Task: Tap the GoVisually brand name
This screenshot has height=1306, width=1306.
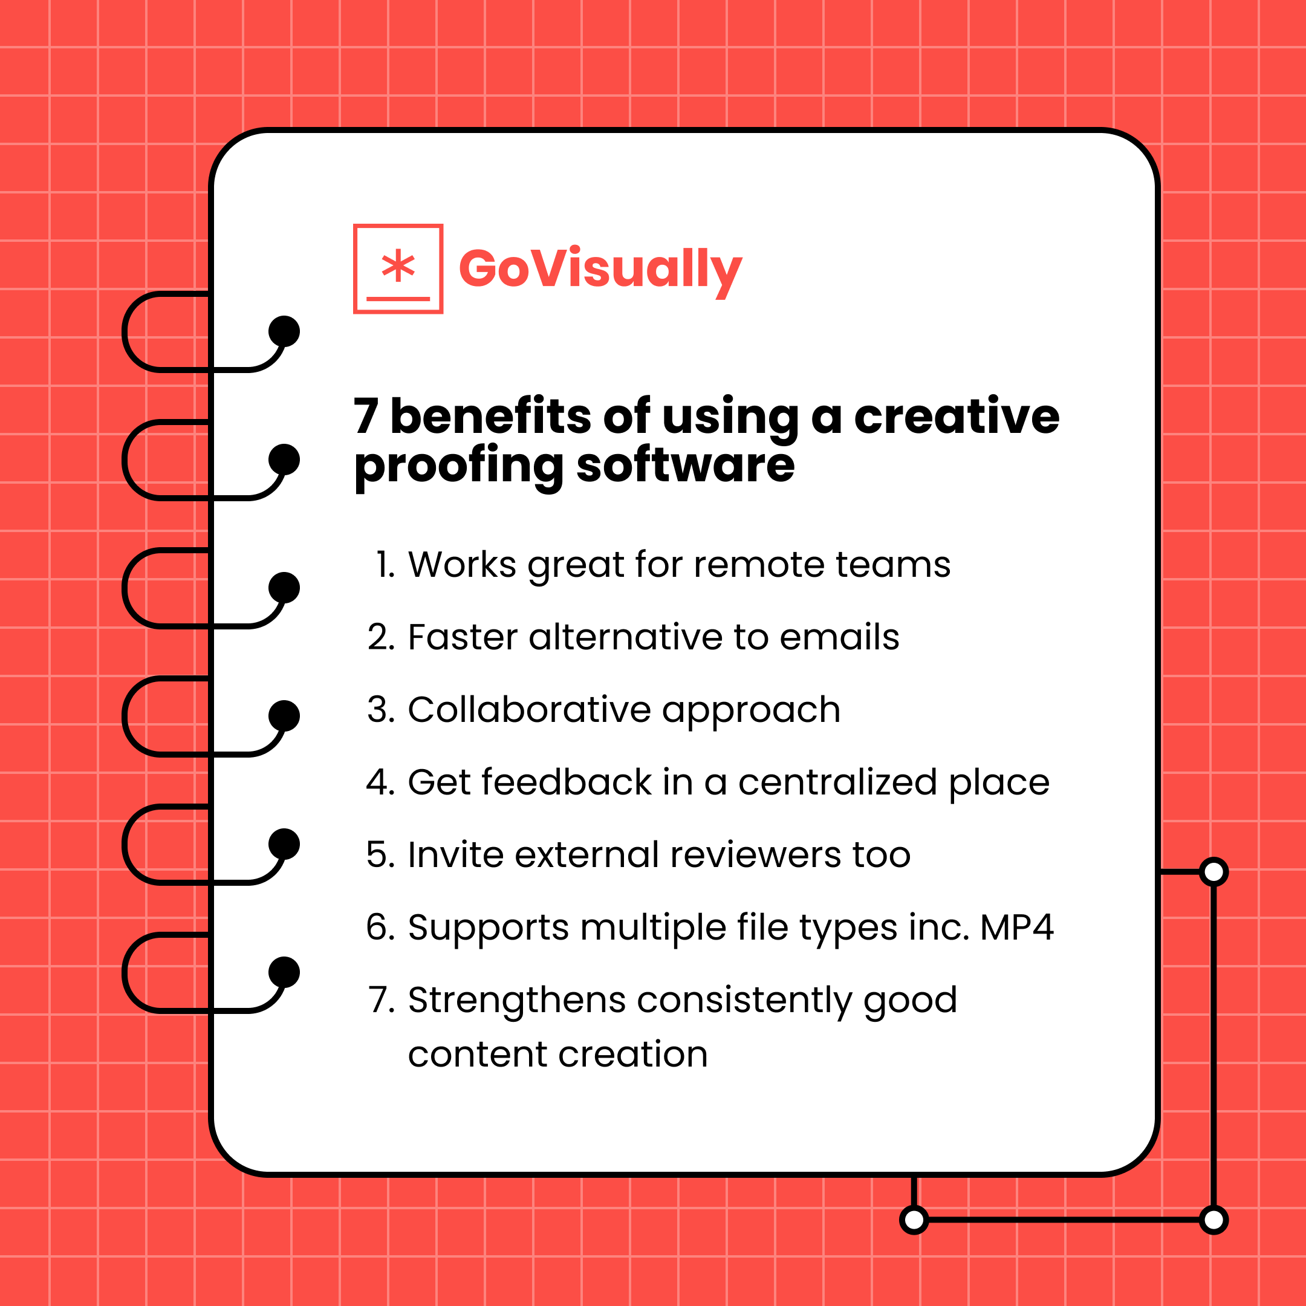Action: tap(600, 269)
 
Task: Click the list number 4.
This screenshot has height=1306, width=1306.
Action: tap(380, 782)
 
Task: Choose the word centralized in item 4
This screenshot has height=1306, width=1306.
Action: tap(837, 782)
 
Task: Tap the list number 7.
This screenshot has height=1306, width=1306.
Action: tap(380, 1000)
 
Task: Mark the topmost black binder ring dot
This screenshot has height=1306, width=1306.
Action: tap(284, 331)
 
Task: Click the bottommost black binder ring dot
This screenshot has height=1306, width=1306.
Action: tap(284, 972)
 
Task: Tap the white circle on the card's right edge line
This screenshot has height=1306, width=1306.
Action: tap(1213, 871)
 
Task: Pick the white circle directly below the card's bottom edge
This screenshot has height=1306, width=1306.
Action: tap(914, 1220)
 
